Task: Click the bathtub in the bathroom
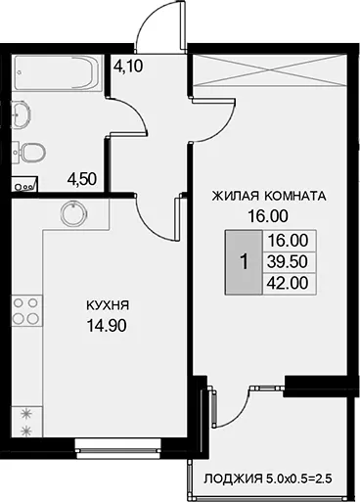point(58,72)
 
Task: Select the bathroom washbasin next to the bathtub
point(21,114)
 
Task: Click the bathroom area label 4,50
point(81,179)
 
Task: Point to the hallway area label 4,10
point(128,67)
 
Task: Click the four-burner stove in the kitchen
point(26,310)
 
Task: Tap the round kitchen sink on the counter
point(74,213)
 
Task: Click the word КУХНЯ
point(108,306)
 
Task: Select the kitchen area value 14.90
point(107,326)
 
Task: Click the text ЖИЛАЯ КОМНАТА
point(269,196)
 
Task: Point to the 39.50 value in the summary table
point(288,261)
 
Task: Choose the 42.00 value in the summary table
point(288,283)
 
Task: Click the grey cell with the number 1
point(244,262)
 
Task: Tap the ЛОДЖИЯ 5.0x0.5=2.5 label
point(268,479)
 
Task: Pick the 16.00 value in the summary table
point(288,241)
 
